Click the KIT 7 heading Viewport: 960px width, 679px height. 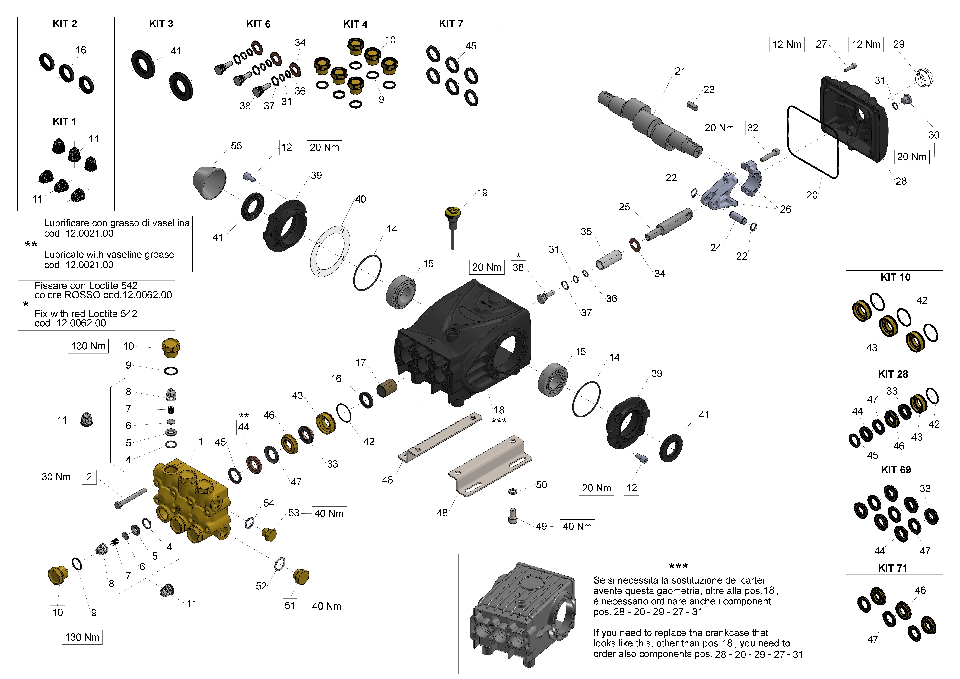(x=451, y=24)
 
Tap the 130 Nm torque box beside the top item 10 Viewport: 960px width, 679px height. (x=88, y=346)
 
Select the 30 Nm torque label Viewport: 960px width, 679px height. (x=56, y=477)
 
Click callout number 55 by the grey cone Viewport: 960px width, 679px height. (x=236, y=146)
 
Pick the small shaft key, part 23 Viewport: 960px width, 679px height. (x=692, y=105)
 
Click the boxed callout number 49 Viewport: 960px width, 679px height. (x=541, y=526)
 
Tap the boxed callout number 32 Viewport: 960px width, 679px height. (x=752, y=128)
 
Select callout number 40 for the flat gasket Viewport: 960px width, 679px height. (x=360, y=199)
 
